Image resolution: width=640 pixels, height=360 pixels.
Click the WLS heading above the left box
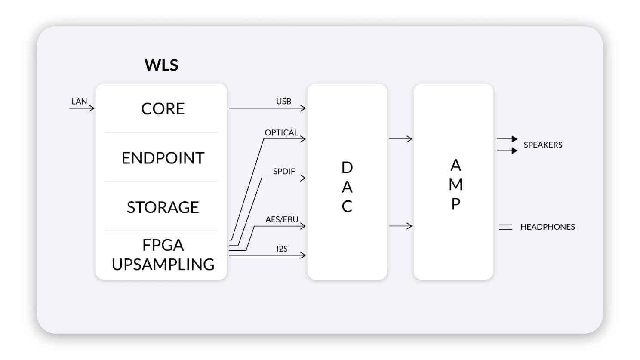click(x=161, y=65)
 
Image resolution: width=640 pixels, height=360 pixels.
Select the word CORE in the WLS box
click(x=163, y=109)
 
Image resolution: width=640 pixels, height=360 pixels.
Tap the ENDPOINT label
click(x=163, y=158)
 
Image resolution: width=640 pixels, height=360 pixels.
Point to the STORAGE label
click(x=163, y=207)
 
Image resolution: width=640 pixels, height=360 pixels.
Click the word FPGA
click(x=163, y=245)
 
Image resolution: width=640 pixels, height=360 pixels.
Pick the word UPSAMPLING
click(x=163, y=264)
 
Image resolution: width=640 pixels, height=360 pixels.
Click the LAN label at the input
click(x=79, y=102)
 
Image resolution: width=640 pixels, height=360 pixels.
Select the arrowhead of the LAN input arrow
click(x=92, y=108)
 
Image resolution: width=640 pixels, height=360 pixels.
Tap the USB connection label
click(x=283, y=102)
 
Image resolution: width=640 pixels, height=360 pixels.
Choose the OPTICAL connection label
click(x=281, y=133)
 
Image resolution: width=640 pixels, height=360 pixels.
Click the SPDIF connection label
click(x=284, y=172)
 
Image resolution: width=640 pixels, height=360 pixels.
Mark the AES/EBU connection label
click(x=282, y=220)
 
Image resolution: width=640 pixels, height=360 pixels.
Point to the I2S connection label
click(x=282, y=249)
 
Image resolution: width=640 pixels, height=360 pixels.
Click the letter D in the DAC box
click(x=347, y=167)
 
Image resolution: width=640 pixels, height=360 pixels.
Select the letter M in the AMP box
click(x=455, y=185)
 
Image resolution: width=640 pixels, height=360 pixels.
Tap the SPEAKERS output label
click(x=543, y=145)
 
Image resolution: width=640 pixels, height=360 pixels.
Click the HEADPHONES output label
click(x=548, y=227)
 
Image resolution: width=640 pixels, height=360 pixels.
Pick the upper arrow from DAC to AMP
click(x=400, y=139)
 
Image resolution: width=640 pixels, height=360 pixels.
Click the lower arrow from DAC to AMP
click(x=400, y=226)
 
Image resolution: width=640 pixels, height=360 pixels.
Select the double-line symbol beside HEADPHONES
click(x=505, y=227)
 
